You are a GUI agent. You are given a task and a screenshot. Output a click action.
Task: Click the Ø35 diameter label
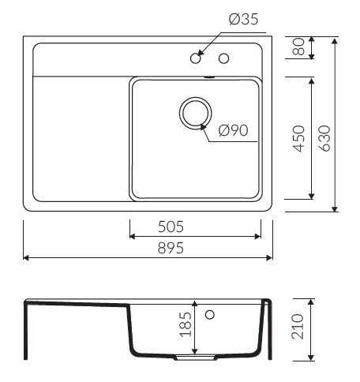(x=244, y=20)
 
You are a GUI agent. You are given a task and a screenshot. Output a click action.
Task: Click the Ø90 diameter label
(x=234, y=130)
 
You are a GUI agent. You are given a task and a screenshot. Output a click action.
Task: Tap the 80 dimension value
(x=298, y=47)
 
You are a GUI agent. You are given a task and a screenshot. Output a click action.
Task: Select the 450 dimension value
(x=298, y=139)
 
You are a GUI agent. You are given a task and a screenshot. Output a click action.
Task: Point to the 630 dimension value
(x=324, y=138)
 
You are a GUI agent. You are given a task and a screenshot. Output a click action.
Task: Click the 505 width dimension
(x=171, y=227)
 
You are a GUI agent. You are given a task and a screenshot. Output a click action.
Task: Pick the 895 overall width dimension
(x=171, y=248)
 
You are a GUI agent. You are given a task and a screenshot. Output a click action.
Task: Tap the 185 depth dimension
(x=186, y=324)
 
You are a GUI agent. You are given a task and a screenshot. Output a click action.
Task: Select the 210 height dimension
(x=298, y=327)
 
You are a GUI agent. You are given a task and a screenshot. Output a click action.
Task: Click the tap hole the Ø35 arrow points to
(x=196, y=58)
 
